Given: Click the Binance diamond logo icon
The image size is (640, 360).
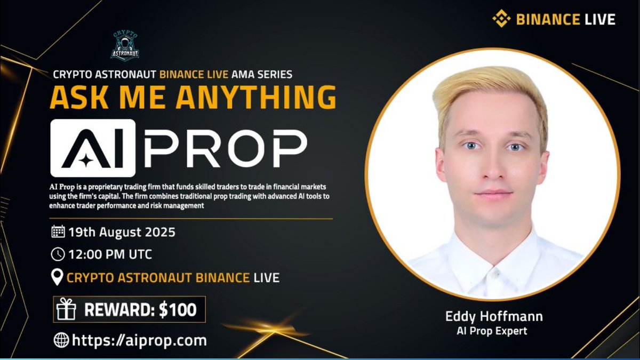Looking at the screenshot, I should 501,20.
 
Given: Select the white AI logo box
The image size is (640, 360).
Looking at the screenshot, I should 93,148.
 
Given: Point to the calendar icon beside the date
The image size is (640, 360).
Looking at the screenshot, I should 58,232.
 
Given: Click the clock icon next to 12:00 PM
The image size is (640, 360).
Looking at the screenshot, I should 58,254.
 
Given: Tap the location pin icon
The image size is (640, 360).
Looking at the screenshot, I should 57,277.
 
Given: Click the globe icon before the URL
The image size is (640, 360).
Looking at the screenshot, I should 61,340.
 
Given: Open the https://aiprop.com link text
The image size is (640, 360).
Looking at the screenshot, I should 139,340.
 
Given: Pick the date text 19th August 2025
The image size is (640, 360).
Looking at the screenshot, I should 122,233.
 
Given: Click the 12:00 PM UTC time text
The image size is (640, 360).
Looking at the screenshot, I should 110,254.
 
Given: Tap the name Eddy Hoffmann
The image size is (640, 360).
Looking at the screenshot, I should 494,316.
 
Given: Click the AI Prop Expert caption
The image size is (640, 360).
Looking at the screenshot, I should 492,331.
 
